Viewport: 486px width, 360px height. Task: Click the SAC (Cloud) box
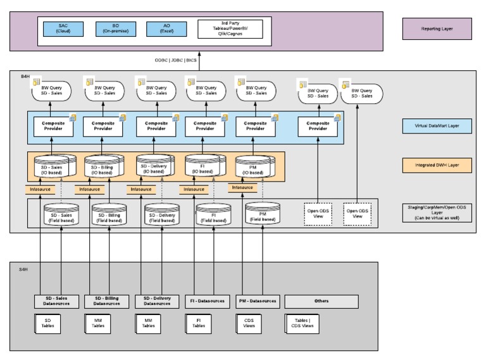(x=63, y=28)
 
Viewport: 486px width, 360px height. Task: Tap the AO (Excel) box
(x=166, y=28)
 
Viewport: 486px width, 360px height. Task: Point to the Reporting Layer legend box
(x=437, y=28)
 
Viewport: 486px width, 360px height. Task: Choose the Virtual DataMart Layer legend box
(x=437, y=127)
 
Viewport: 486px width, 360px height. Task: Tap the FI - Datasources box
(x=206, y=301)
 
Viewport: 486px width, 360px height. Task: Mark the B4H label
(x=25, y=76)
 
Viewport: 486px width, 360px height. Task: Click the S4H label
(x=23, y=269)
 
